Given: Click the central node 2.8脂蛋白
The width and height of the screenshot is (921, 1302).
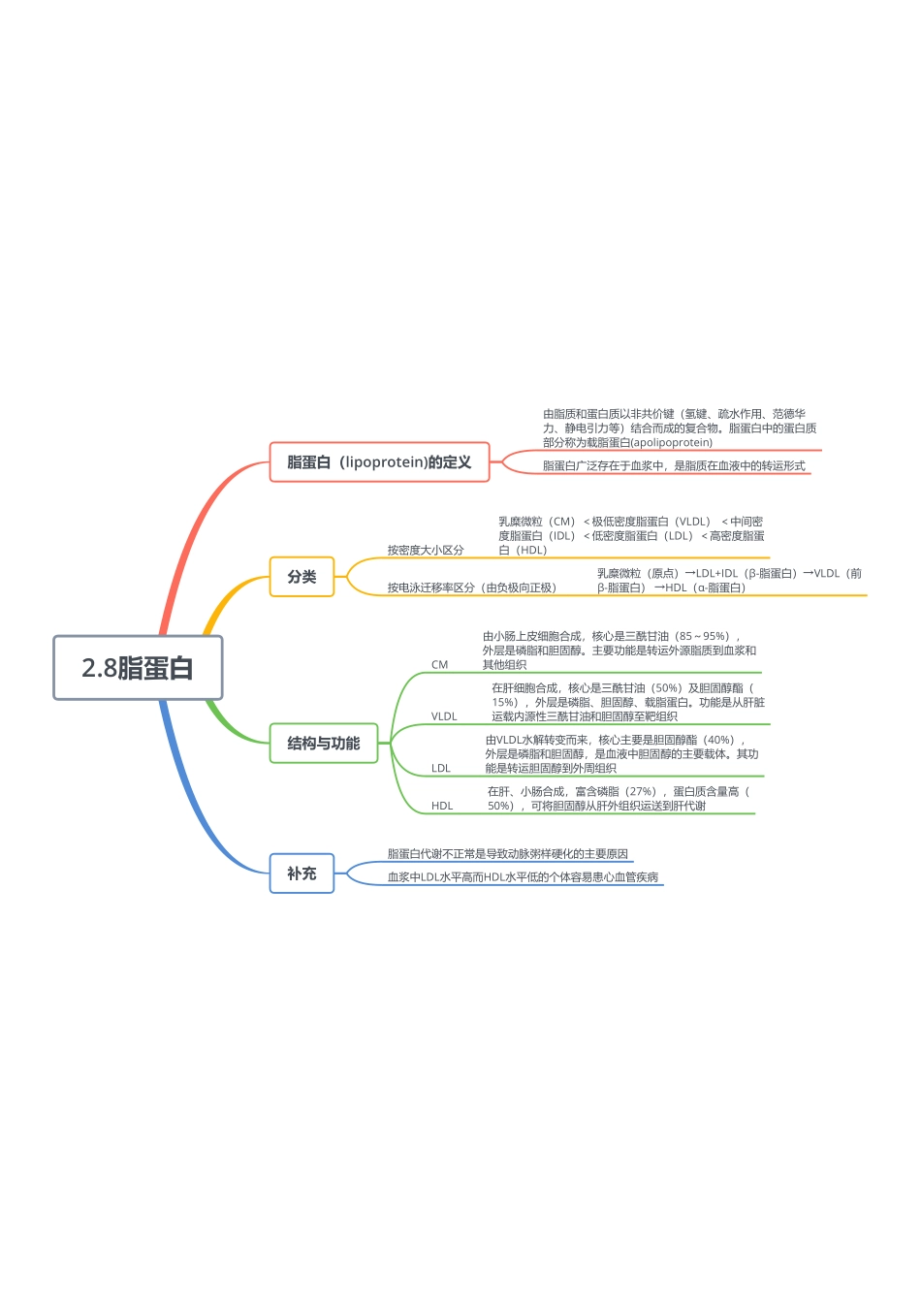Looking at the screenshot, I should (138, 668).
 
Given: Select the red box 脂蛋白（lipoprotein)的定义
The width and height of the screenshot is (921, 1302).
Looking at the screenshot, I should (379, 462).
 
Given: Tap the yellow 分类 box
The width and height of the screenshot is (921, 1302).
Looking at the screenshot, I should (302, 577).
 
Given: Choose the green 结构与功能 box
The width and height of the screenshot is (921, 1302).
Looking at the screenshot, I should (324, 744).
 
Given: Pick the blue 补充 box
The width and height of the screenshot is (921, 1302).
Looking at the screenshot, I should (302, 873).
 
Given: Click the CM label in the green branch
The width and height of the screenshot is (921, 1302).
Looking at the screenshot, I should (440, 665).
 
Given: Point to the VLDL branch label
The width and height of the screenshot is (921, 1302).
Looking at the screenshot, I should (444, 716).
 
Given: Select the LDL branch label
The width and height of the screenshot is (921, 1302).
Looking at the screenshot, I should (441, 768).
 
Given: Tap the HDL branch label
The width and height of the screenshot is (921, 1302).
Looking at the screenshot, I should (442, 806).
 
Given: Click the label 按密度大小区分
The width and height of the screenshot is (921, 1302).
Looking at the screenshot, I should (426, 550).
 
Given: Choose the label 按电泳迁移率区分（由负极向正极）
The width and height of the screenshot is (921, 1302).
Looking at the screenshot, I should (472, 587).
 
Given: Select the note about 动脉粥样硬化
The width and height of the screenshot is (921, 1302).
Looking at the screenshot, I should (508, 854).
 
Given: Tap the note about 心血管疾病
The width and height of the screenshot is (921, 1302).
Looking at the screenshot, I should (524, 877).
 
